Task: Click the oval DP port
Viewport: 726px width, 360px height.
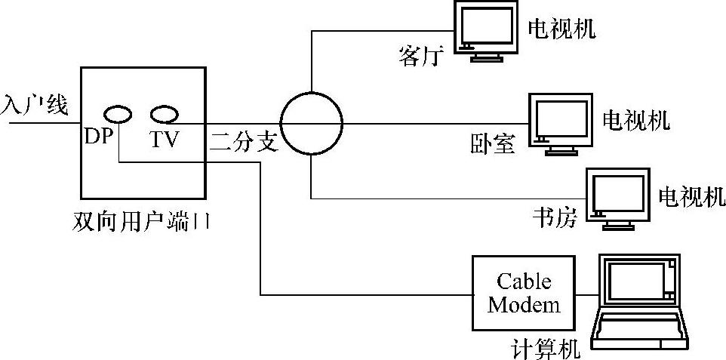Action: coord(118,115)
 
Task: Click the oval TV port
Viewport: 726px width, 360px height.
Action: coord(164,115)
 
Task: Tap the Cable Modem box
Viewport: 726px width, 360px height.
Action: coord(524,293)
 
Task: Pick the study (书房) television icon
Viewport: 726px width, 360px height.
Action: coord(618,197)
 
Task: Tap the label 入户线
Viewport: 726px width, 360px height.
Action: coord(34,105)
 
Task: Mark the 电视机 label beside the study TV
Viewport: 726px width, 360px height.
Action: coord(691,196)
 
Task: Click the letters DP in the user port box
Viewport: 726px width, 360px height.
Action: coord(98,139)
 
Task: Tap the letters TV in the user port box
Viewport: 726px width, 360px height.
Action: coord(164,139)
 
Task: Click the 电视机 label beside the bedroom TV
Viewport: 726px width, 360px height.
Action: coord(635,118)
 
